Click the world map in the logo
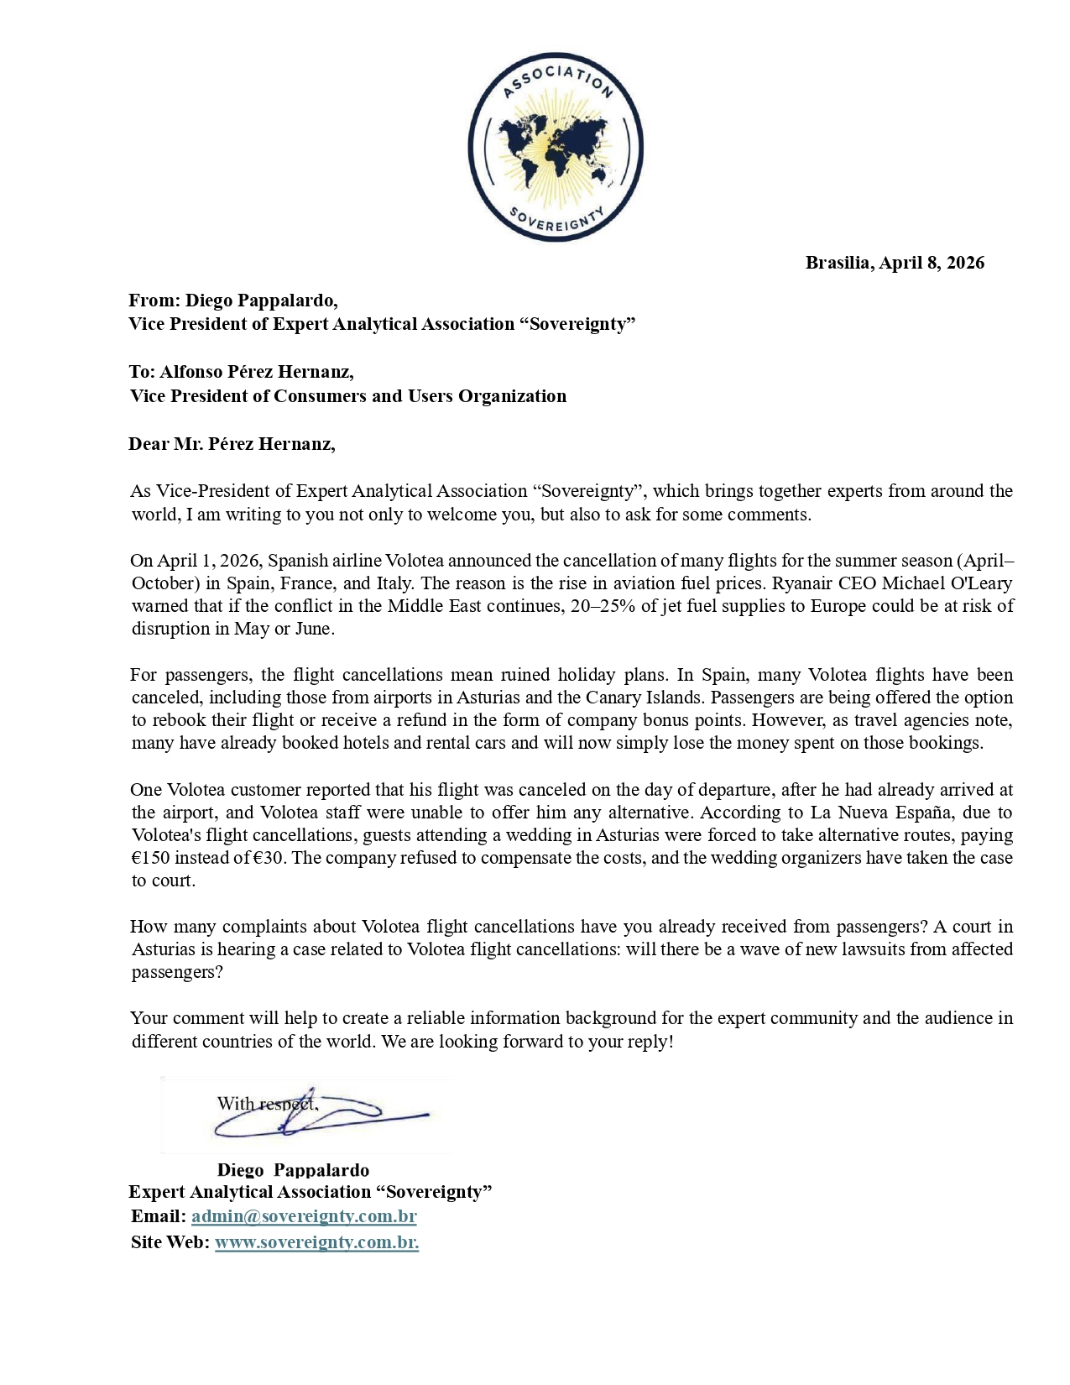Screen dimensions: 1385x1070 [555, 149]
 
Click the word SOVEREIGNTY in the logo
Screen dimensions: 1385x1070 [556, 220]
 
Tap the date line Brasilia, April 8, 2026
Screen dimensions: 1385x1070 [895, 263]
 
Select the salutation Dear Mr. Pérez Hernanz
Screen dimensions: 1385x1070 [232, 444]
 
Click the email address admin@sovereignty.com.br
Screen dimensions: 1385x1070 [304, 1216]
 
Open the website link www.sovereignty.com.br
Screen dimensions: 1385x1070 [316, 1242]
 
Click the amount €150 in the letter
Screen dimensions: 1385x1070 [151, 858]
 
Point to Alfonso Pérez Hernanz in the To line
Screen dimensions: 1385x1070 [257, 372]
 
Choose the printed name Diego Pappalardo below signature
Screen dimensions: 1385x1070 [293, 1170]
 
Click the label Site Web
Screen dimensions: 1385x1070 [170, 1242]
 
